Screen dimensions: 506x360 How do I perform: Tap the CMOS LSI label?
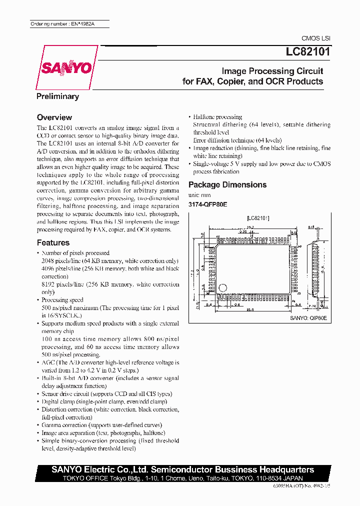tap(315, 38)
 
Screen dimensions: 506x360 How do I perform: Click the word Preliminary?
tap(57, 96)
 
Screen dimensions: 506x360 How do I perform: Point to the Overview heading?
tap(54, 117)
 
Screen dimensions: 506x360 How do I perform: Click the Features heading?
tap(53, 243)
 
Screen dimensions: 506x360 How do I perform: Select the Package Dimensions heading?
tap(227, 185)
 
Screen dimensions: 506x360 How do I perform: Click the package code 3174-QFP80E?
tap(207, 204)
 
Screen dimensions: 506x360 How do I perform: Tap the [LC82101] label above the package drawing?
tap(258, 218)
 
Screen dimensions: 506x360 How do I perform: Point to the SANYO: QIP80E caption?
tap(308, 317)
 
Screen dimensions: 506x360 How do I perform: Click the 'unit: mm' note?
tap(199, 195)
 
